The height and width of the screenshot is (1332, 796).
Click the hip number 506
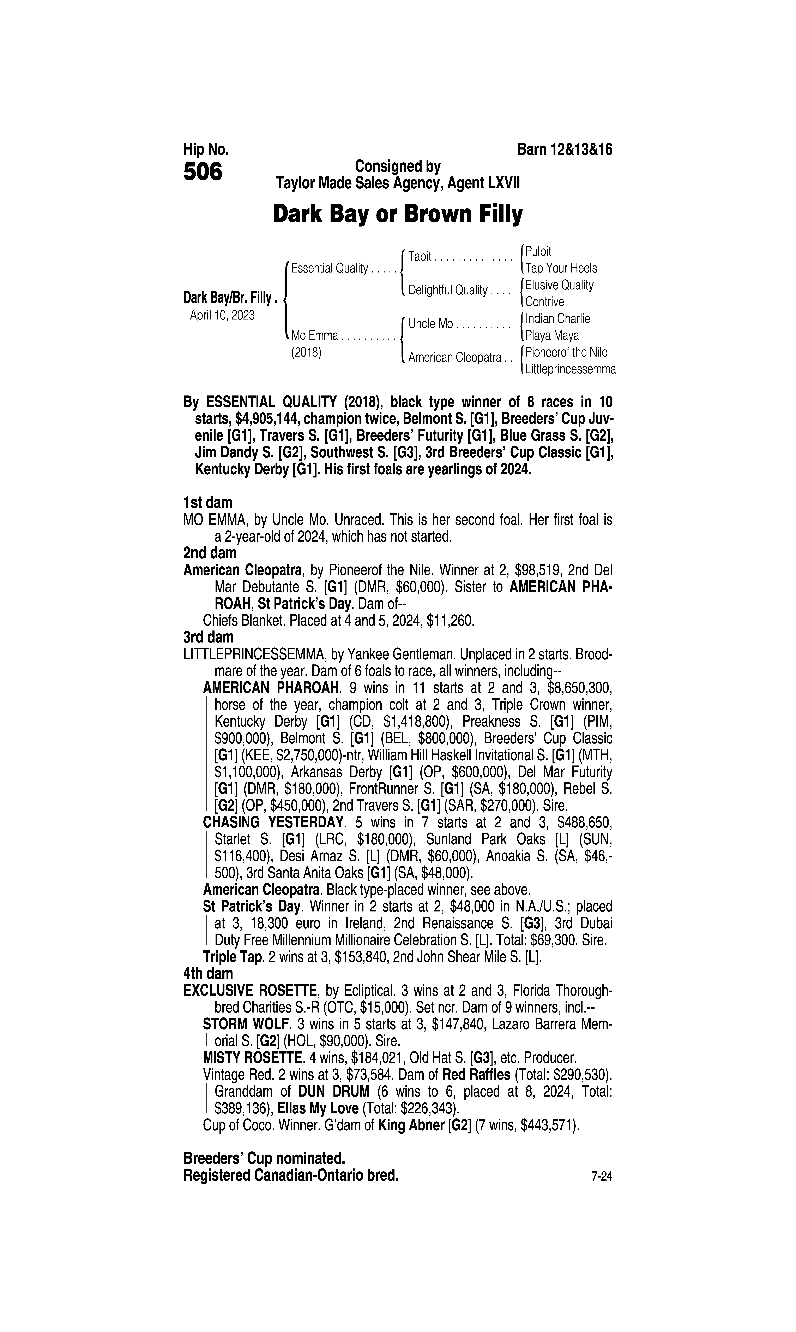(x=203, y=172)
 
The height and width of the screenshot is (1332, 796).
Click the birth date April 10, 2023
(x=222, y=315)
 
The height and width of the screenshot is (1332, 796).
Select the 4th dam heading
(x=208, y=973)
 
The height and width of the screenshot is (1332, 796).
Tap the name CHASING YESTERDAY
(x=273, y=822)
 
